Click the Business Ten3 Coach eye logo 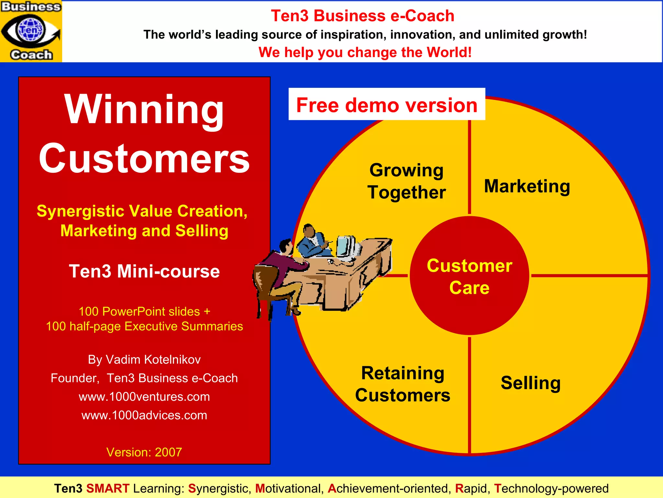tap(31, 31)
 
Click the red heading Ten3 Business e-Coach tap(363, 16)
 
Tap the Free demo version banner tap(387, 105)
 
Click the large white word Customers tap(144, 159)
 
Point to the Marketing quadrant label tap(527, 186)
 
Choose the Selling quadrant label tap(531, 383)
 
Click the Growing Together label tap(407, 181)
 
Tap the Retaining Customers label tap(403, 384)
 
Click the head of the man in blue tap(309, 231)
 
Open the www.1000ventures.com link tap(144, 397)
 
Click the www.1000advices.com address tap(144, 415)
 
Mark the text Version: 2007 tap(144, 452)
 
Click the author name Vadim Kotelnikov tap(153, 360)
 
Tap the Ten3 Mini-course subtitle tap(144, 271)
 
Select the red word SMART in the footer tap(108, 488)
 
